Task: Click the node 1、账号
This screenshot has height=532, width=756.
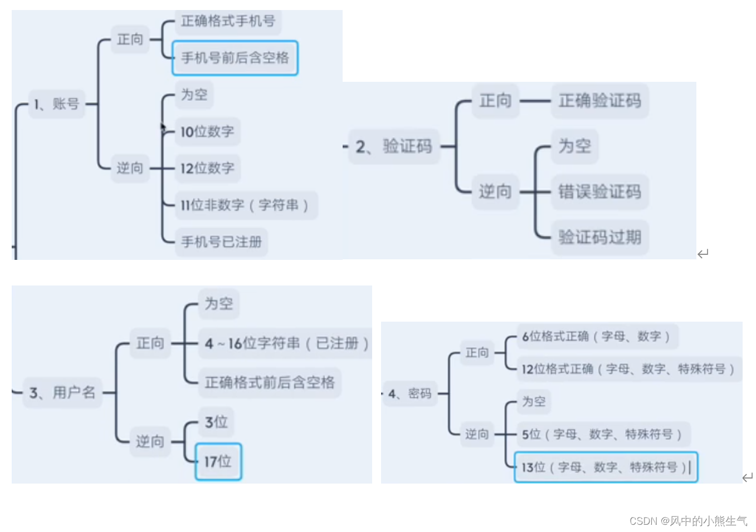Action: [56, 104]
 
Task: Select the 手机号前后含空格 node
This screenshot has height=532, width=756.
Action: [235, 58]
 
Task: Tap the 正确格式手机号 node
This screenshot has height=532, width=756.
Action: [228, 22]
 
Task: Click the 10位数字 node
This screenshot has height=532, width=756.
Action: [207, 132]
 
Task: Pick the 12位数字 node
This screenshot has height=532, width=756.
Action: [207, 168]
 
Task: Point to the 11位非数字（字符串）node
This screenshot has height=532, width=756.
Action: [245, 205]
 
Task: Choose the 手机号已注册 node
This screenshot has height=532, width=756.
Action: [221, 242]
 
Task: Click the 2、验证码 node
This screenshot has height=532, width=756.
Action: [394, 147]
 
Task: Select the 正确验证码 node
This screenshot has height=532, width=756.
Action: [599, 101]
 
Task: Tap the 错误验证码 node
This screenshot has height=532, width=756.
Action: [599, 192]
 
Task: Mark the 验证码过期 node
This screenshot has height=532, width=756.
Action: [599, 238]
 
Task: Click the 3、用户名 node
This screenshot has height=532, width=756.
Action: [62, 393]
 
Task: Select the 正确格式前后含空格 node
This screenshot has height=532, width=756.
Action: [270, 382]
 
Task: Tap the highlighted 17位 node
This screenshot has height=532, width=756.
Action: [218, 461]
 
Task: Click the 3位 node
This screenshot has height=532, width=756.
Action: [216, 422]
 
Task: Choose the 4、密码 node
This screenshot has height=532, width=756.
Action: [410, 394]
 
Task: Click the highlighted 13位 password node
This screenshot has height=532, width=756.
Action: [605, 467]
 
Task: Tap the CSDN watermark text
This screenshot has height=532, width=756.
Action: [688, 521]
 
